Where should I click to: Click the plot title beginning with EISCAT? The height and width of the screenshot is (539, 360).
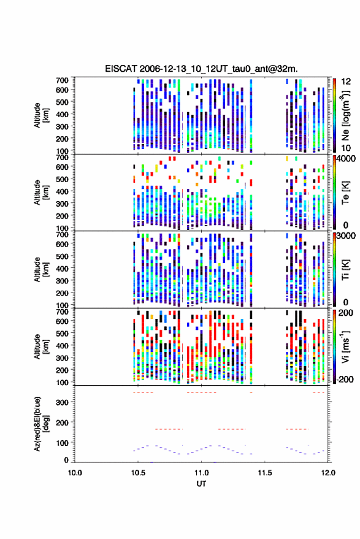pos(201,69)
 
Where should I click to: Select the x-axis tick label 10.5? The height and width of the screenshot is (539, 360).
pos(138,473)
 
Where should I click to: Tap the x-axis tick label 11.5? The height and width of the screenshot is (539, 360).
pos(265,473)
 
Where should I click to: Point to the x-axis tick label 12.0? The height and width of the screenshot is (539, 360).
pos(328,473)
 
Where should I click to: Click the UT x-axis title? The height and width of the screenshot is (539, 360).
pos(201,484)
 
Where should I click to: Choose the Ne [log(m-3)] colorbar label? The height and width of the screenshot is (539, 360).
pos(345,115)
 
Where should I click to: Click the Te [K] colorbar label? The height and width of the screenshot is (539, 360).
pos(345,193)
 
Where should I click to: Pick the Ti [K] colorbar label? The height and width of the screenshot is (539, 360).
pos(345,270)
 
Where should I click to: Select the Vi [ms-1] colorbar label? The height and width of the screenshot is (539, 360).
pos(345,347)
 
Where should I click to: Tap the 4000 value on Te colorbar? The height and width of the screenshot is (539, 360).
pos(346,159)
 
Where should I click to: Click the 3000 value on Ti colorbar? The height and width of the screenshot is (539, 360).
pos(346,236)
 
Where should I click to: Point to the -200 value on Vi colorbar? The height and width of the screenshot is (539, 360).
pos(345,380)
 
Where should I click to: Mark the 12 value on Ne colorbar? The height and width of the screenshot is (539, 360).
pos(346,82)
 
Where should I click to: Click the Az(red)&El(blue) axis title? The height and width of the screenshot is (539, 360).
pos(41,424)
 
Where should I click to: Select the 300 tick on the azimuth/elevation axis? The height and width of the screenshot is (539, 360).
pos(62,402)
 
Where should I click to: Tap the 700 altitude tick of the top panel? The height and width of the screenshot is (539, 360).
pos(62,80)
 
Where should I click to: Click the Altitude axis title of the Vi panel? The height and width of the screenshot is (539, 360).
pos(41,347)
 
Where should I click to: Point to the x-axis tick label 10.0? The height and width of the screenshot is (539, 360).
pos(75,473)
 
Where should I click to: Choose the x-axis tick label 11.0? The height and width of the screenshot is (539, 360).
pos(201,473)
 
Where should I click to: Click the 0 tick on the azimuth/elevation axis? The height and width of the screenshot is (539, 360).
pos(66,460)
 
